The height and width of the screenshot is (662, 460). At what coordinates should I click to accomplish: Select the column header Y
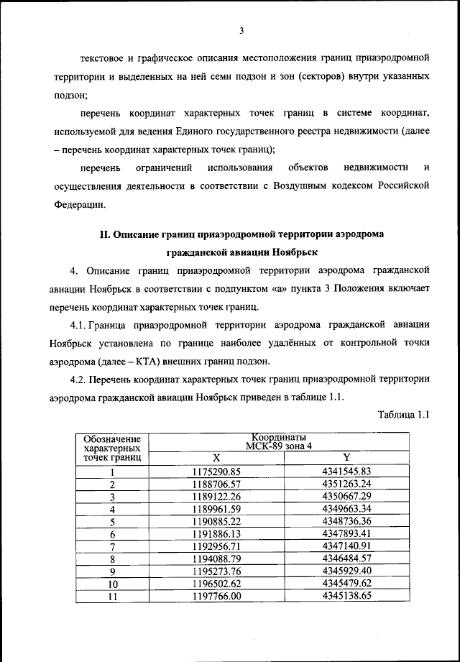click(346, 458)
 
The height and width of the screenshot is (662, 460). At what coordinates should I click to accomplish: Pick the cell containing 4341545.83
click(346, 472)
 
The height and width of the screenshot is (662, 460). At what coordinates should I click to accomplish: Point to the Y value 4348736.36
click(346, 521)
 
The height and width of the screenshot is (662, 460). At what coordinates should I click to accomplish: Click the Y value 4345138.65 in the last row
click(346, 596)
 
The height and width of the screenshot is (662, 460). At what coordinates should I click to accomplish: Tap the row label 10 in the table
click(112, 584)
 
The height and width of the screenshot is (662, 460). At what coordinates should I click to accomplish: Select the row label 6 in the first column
click(112, 534)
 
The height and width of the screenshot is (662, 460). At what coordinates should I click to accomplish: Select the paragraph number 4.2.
click(78, 379)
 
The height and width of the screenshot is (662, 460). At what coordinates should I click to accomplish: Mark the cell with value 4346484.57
click(346, 558)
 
